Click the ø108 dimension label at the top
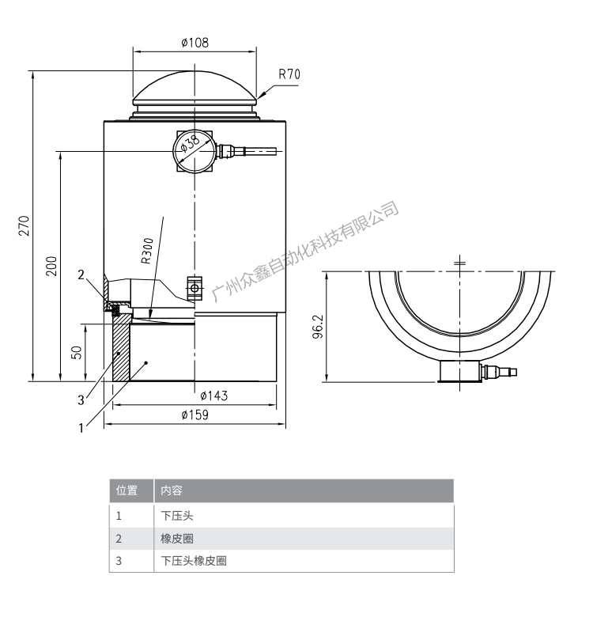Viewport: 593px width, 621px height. tap(195, 44)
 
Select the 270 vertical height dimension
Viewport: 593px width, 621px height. tap(25, 225)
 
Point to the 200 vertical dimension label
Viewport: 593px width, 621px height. tap(51, 266)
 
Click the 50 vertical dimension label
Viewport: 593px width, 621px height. tap(77, 351)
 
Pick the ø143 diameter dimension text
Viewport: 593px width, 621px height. tap(213, 396)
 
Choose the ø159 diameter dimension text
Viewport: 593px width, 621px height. tap(195, 415)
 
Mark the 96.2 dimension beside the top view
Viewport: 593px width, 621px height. tap(317, 326)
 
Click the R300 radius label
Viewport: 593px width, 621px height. tap(147, 250)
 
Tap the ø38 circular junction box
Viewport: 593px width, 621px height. tap(192, 150)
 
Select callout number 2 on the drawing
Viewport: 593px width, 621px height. tap(81, 275)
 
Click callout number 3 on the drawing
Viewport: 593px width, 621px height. tap(81, 400)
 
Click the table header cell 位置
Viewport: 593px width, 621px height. tap(127, 490)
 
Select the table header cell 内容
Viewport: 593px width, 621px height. tap(172, 490)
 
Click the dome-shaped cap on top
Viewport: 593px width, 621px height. tap(195, 89)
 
